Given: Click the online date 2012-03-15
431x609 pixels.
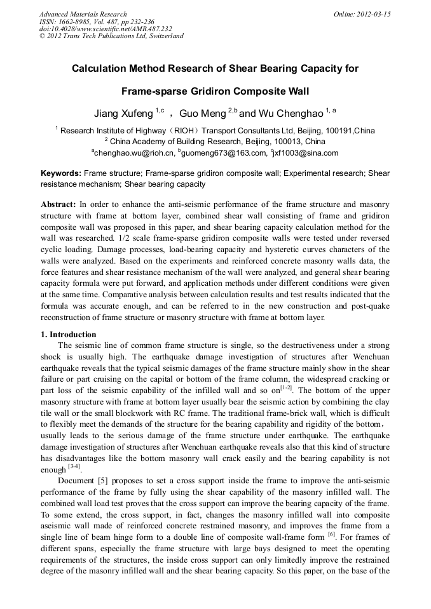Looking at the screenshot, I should [371, 13].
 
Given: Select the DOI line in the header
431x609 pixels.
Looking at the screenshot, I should [106, 29].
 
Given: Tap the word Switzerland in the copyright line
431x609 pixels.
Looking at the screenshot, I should [165, 36].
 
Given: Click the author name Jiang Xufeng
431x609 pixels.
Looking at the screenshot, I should [123, 114].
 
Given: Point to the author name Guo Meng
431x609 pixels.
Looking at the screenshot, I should [203, 114].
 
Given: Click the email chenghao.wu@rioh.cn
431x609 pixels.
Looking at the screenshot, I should [133, 153].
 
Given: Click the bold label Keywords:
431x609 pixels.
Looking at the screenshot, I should [60, 173].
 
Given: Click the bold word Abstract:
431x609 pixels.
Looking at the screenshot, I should [58, 204].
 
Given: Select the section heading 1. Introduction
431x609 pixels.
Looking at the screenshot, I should [69, 334].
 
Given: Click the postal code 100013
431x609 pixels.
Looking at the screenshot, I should [284, 142].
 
